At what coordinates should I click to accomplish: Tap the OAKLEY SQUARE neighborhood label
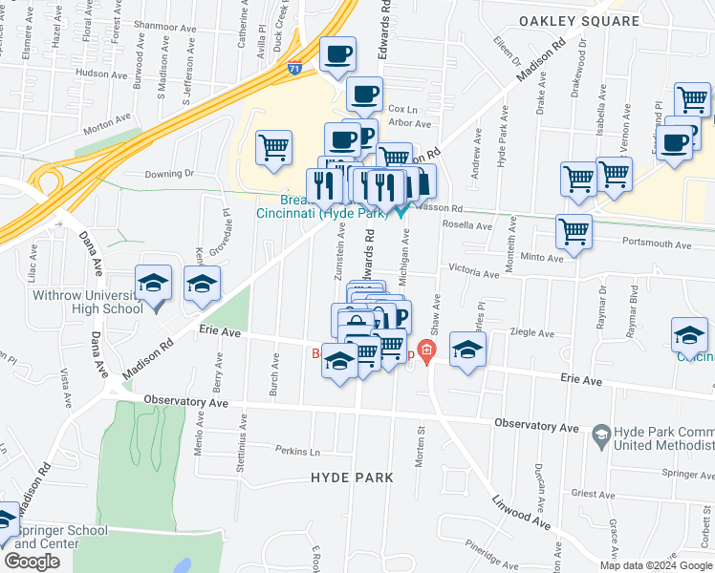578,20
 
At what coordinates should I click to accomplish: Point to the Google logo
32,562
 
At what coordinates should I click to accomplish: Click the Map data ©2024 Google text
656,565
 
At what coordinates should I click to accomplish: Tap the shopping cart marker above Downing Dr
274,147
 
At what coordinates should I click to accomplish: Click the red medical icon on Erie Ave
426,352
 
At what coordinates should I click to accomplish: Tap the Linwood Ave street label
522,513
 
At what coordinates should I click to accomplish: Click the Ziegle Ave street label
533,333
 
